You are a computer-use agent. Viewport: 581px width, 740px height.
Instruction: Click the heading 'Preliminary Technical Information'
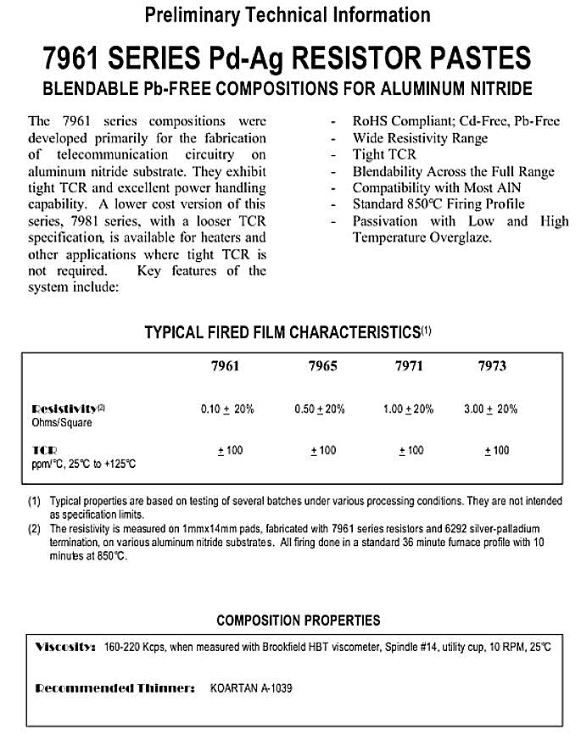(x=288, y=14)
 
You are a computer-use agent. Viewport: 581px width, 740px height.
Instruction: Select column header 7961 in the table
(x=225, y=366)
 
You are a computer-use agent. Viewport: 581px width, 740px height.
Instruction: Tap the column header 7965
(x=321, y=366)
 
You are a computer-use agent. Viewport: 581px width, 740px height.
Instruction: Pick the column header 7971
(x=409, y=366)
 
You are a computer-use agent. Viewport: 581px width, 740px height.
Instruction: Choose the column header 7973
(x=492, y=366)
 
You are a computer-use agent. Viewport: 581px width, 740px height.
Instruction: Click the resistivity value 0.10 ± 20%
(x=227, y=409)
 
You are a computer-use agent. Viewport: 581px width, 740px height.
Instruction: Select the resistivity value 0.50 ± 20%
(x=320, y=409)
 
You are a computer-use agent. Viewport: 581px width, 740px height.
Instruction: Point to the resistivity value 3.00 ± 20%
(x=490, y=409)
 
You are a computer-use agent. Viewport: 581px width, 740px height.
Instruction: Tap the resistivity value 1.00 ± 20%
(x=408, y=409)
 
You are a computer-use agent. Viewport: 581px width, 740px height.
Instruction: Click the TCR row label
(x=42, y=450)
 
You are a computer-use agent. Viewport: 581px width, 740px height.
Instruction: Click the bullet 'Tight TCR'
(x=384, y=154)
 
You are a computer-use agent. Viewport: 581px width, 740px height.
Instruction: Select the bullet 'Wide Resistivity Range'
(x=420, y=138)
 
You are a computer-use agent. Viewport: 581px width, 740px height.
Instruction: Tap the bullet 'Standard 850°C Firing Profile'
(x=439, y=203)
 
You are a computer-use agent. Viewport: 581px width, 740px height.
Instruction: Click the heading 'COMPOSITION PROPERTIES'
(x=298, y=620)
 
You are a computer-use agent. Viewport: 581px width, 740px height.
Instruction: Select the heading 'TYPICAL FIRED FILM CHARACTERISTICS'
(x=282, y=332)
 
